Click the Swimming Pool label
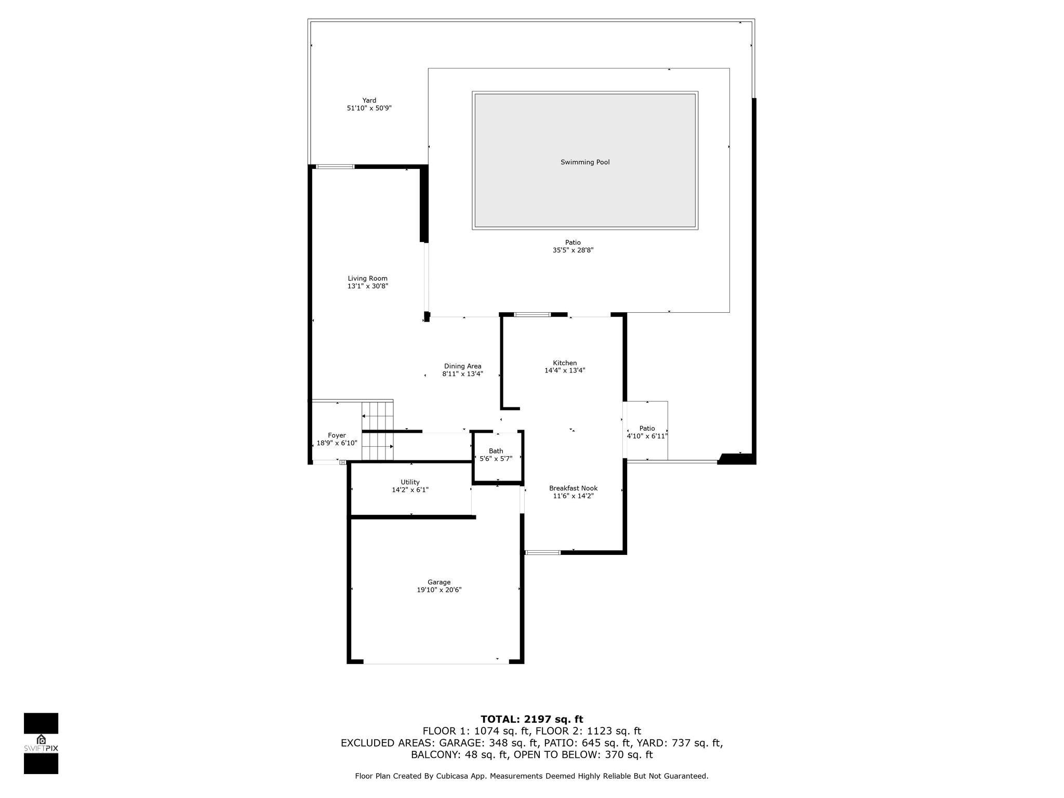coord(585,162)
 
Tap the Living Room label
coord(367,278)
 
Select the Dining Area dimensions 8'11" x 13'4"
coord(462,374)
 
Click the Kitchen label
coord(565,363)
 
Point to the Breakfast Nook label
coord(573,488)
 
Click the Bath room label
coord(496,451)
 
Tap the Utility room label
coord(410,482)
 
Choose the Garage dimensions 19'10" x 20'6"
coord(439,590)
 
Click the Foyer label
coord(337,435)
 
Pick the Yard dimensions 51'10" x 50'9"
coord(369,108)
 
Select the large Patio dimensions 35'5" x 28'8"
coord(573,250)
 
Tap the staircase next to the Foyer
coord(378,431)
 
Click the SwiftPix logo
coord(41,743)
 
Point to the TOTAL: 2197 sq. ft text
coord(531,720)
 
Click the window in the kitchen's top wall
coord(532,314)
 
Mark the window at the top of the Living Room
coord(336,167)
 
